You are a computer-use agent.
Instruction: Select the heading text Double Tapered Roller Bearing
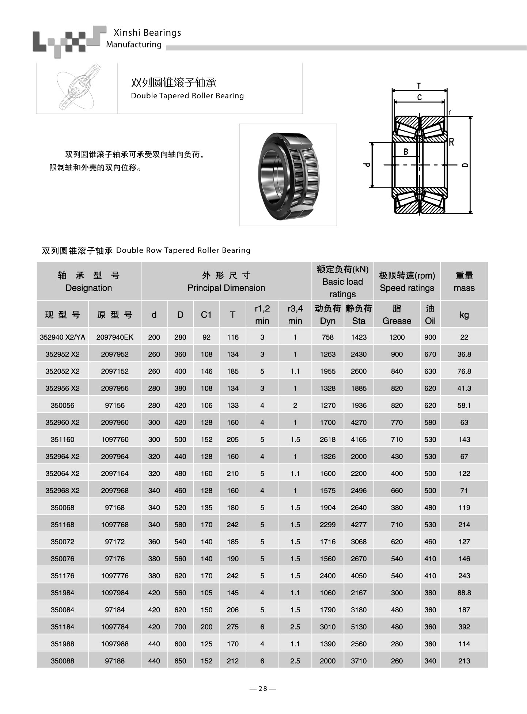[x=187, y=96]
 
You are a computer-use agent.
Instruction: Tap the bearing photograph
[x=288, y=175]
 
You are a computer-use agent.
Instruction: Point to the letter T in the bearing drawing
[x=419, y=86]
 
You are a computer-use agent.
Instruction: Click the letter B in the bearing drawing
[x=405, y=151]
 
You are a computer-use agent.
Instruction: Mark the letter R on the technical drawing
[x=451, y=142]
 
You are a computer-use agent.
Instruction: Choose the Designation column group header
[x=89, y=282]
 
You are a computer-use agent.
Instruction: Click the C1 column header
[x=206, y=314]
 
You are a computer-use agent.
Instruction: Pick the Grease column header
[x=397, y=315]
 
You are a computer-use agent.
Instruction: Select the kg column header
[x=464, y=315]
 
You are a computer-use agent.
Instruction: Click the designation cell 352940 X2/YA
[x=62, y=337]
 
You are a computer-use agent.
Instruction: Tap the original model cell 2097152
[x=115, y=371]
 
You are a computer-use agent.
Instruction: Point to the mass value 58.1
[x=464, y=405]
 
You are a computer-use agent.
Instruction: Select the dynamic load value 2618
[x=328, y=439]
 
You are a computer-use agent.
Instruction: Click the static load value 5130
[x=359, y=627]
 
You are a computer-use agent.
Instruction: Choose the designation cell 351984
[x=62, y=593]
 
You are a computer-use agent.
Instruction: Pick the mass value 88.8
[x=464, y=593]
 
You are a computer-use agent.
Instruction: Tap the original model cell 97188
[x=115, y=661]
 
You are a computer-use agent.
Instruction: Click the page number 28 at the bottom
[x=263, y=689]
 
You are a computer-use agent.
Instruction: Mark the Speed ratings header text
[x=407, y=288]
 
